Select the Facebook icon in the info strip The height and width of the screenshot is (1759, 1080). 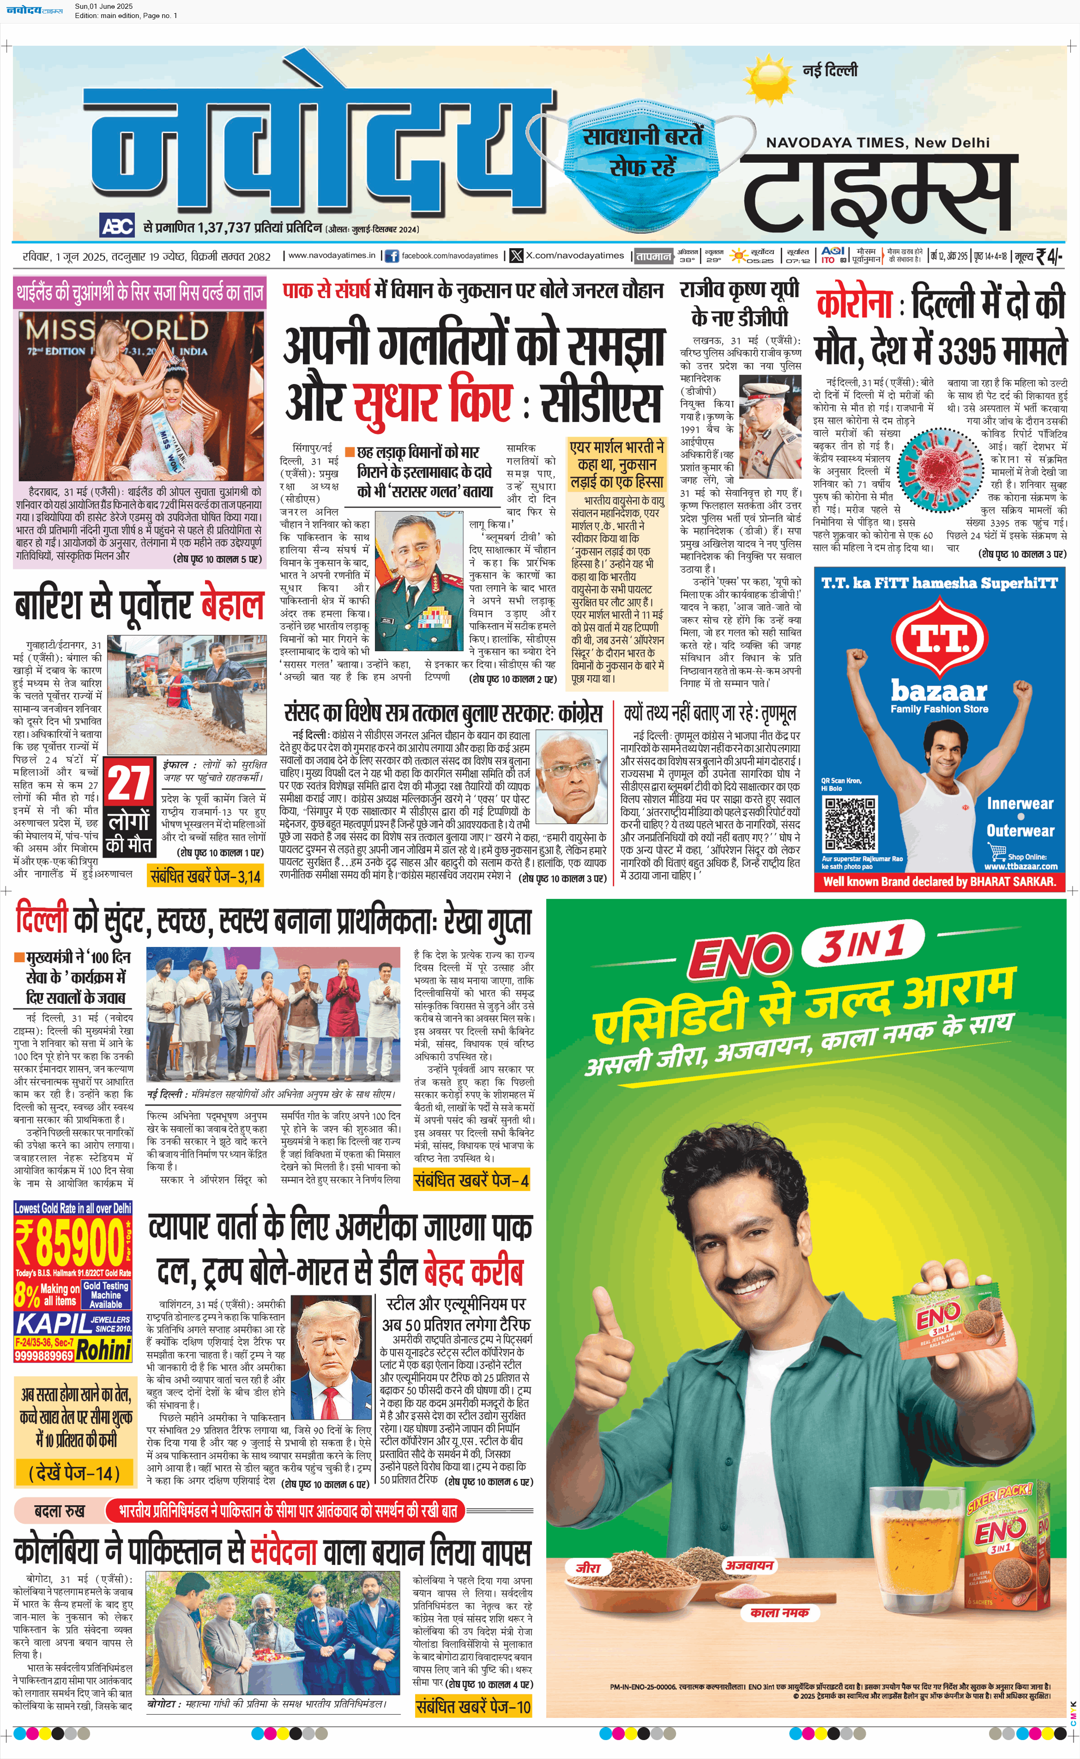point(392,256)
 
